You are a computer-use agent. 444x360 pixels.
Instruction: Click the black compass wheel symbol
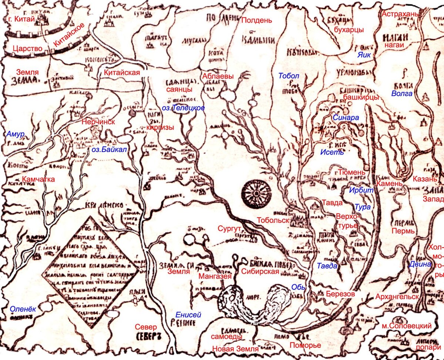pos(256,193)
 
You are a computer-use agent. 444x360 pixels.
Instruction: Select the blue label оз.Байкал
pos(110,150)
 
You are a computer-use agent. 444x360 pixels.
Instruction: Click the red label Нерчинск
pos(99,121)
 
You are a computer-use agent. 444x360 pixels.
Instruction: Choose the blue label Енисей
pos(189,315)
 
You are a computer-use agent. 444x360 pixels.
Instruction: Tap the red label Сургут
pos(229,228)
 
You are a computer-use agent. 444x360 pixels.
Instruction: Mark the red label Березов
pos(341,293)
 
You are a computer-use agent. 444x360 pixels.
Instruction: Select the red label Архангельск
pos(397,297)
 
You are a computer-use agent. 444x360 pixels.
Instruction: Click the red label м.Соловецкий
pos(407,326)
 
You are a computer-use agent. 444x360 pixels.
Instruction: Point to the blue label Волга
pos(402,94)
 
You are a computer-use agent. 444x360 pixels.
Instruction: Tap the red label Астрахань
pos(400,14)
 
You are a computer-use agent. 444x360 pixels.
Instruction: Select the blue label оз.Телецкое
pos(184,108)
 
